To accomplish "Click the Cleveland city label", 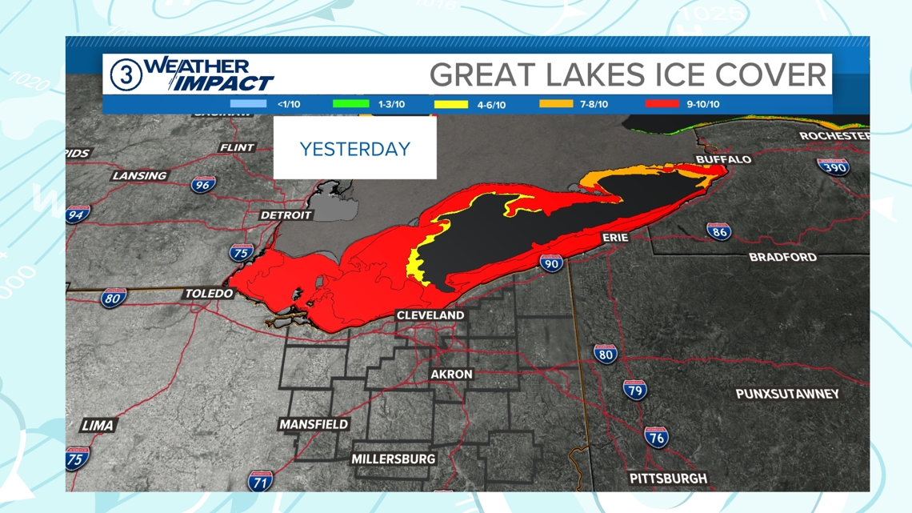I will click(430, 315).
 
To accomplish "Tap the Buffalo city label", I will click(723, 159).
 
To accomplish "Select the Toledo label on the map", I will click(209, 294).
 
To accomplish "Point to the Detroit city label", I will click(286, 215).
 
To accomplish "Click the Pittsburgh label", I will click(668, 479).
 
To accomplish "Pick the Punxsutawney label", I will click(787, 394).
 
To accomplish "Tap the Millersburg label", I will click(394, 459).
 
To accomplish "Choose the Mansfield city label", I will click(314, 424).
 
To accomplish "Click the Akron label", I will click(451, 375).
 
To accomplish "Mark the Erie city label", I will click(615, 238).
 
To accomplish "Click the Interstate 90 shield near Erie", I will click(550, 263).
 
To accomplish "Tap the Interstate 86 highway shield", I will click(718, 232).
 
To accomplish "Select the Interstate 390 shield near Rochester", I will click(833, 166).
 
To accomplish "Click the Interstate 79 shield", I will click(634, 390).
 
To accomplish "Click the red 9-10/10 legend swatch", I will click(662, 104).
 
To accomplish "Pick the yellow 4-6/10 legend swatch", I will click(450, 104).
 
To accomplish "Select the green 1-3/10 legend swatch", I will click(350, 104).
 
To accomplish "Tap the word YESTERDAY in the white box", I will click(354, 149).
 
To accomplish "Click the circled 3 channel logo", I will click(126, 75).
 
